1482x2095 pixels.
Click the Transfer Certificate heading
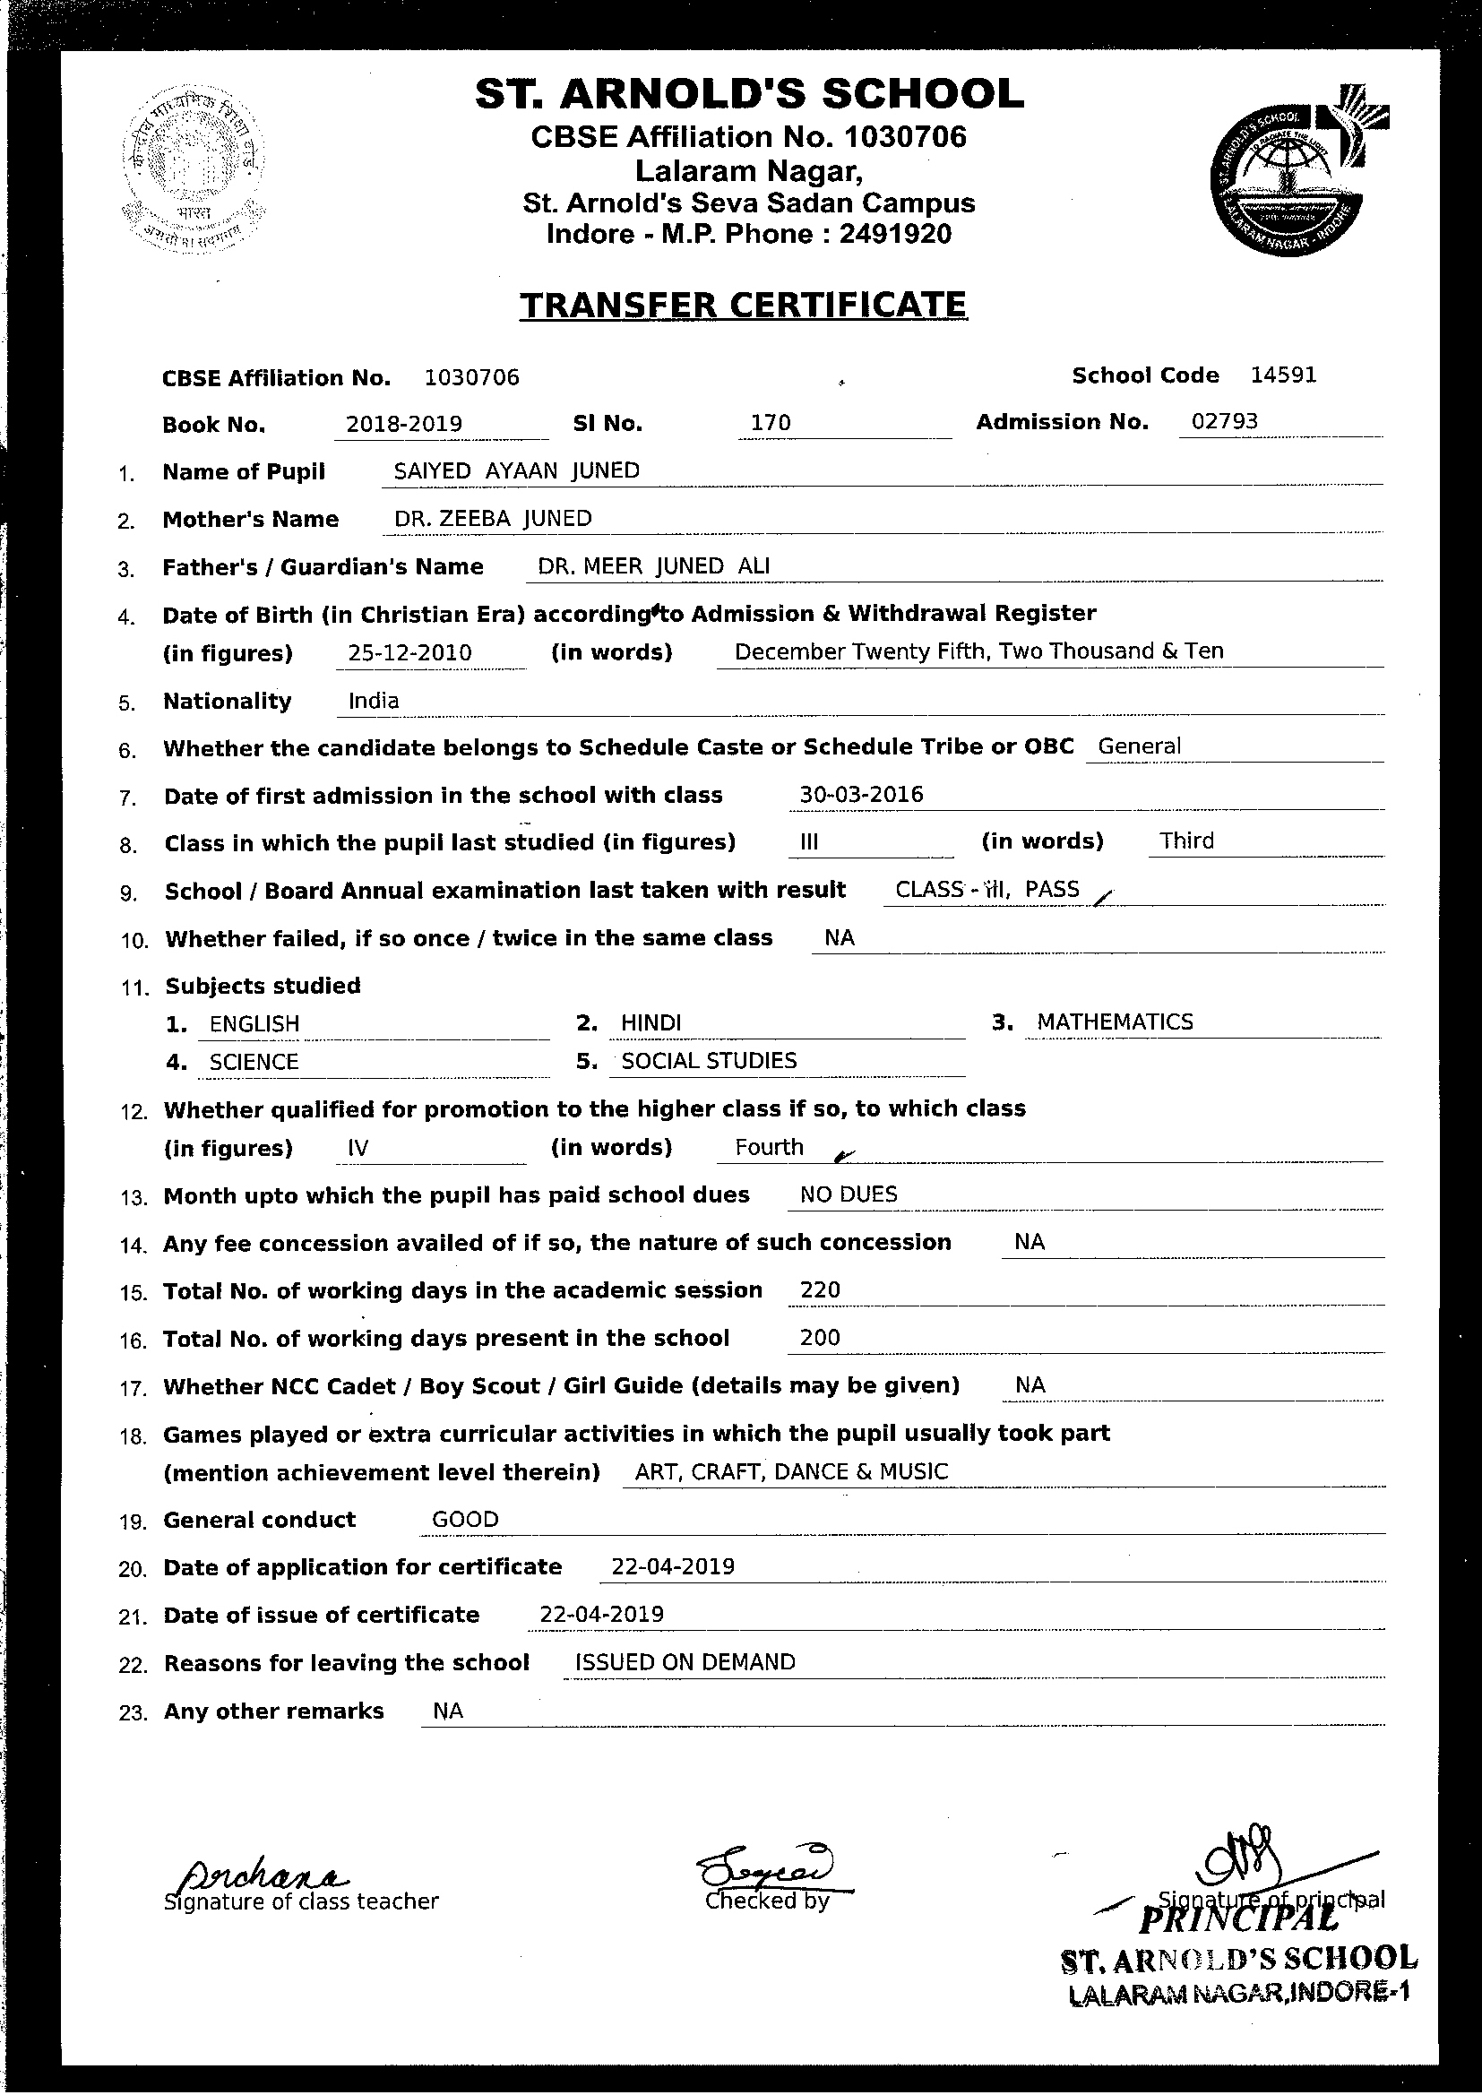743,305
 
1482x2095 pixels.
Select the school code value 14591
1283,375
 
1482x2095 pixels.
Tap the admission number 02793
1225,421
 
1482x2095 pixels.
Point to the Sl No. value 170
771,423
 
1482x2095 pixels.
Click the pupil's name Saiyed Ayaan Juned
515,470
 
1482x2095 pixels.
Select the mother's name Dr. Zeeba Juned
493,518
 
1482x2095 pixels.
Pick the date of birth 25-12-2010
409,652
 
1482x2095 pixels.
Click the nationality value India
375,701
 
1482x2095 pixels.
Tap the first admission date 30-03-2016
860,795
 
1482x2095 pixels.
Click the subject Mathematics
1115,1022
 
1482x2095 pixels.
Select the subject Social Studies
708,1060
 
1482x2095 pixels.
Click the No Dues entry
848,1194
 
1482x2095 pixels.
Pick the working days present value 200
819,1338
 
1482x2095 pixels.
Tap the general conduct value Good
464,1519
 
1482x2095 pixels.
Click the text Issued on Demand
685,1662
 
